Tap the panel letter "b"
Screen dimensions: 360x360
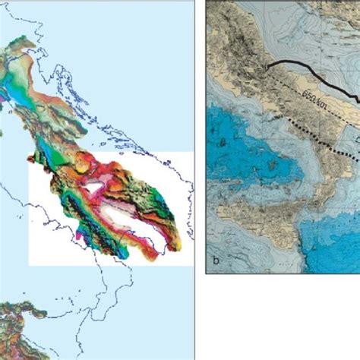tap(216, 259)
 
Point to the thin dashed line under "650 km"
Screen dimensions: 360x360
tap(304, 110)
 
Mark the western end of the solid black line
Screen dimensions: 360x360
tap(267, 66)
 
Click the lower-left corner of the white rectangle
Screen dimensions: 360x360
tap(30, 264)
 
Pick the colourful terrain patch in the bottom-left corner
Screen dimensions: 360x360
tap(19, 334)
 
